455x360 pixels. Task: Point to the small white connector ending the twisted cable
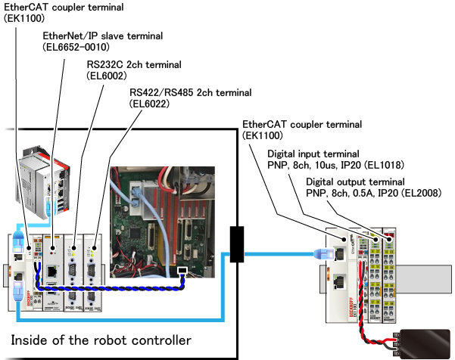pos(182,270)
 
